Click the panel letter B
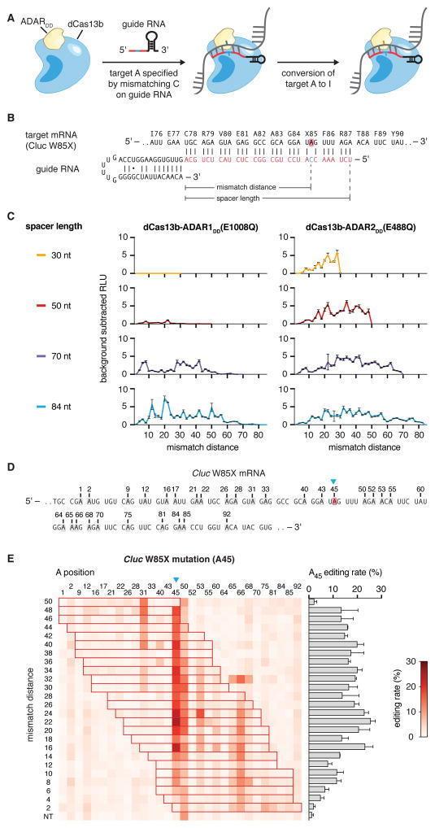point(7,118)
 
